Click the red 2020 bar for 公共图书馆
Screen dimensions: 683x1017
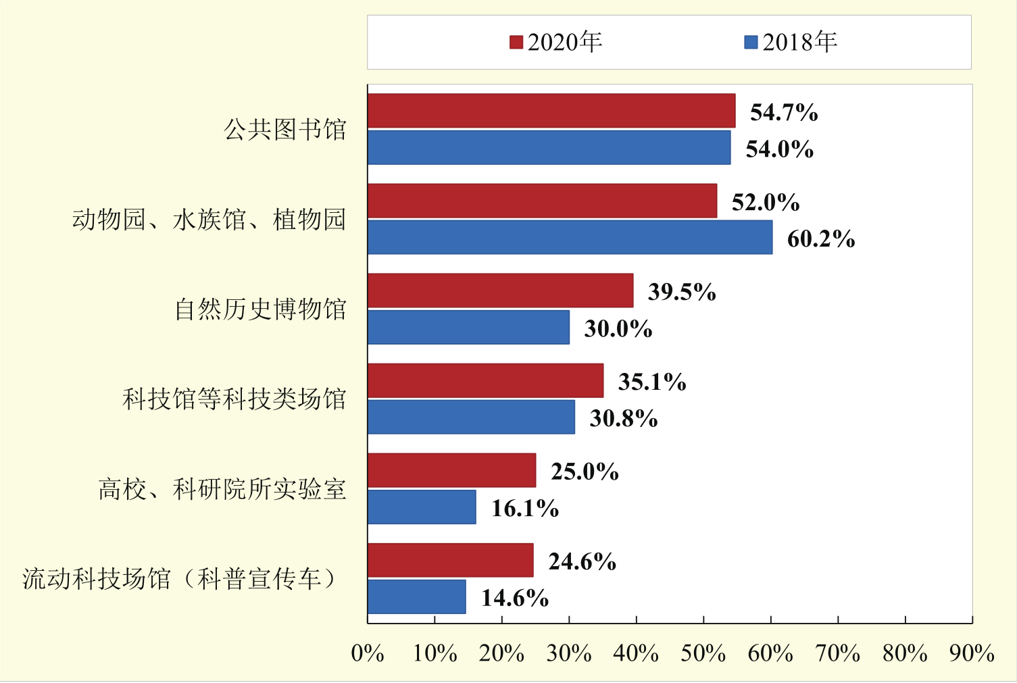(x=551, y=111)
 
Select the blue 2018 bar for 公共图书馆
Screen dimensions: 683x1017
(x=549, y=147)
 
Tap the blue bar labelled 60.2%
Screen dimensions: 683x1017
(x=570, y=237)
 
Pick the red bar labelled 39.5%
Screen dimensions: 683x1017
(x=500, y=290)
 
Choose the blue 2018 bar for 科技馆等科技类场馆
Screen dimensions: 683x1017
(x=471, y=417)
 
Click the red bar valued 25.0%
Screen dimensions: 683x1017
(x=451, y=470)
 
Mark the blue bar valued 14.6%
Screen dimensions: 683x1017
(x=416, y=597)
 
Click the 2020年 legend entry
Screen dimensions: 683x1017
(x=556, y=42)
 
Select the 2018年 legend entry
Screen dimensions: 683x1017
(x=791, y=42)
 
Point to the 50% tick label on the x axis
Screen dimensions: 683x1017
(x=703, y=653)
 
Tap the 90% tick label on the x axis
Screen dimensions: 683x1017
(x=971, y=653)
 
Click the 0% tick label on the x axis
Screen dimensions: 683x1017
(x=368, y=653)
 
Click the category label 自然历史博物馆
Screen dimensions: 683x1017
(x=260, y=309)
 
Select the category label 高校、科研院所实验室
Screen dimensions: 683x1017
(x=222, y=489)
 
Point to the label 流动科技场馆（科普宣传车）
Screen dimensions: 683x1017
(x=180, y=579)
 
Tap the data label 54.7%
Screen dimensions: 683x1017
(x=784, y=112)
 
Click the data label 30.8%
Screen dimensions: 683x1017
(x=623, y=418)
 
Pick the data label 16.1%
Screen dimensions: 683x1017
(x=524, y=508)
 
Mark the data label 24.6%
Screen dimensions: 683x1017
(x=582, y=561)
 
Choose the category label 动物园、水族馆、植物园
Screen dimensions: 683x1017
(x=209, y=220)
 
